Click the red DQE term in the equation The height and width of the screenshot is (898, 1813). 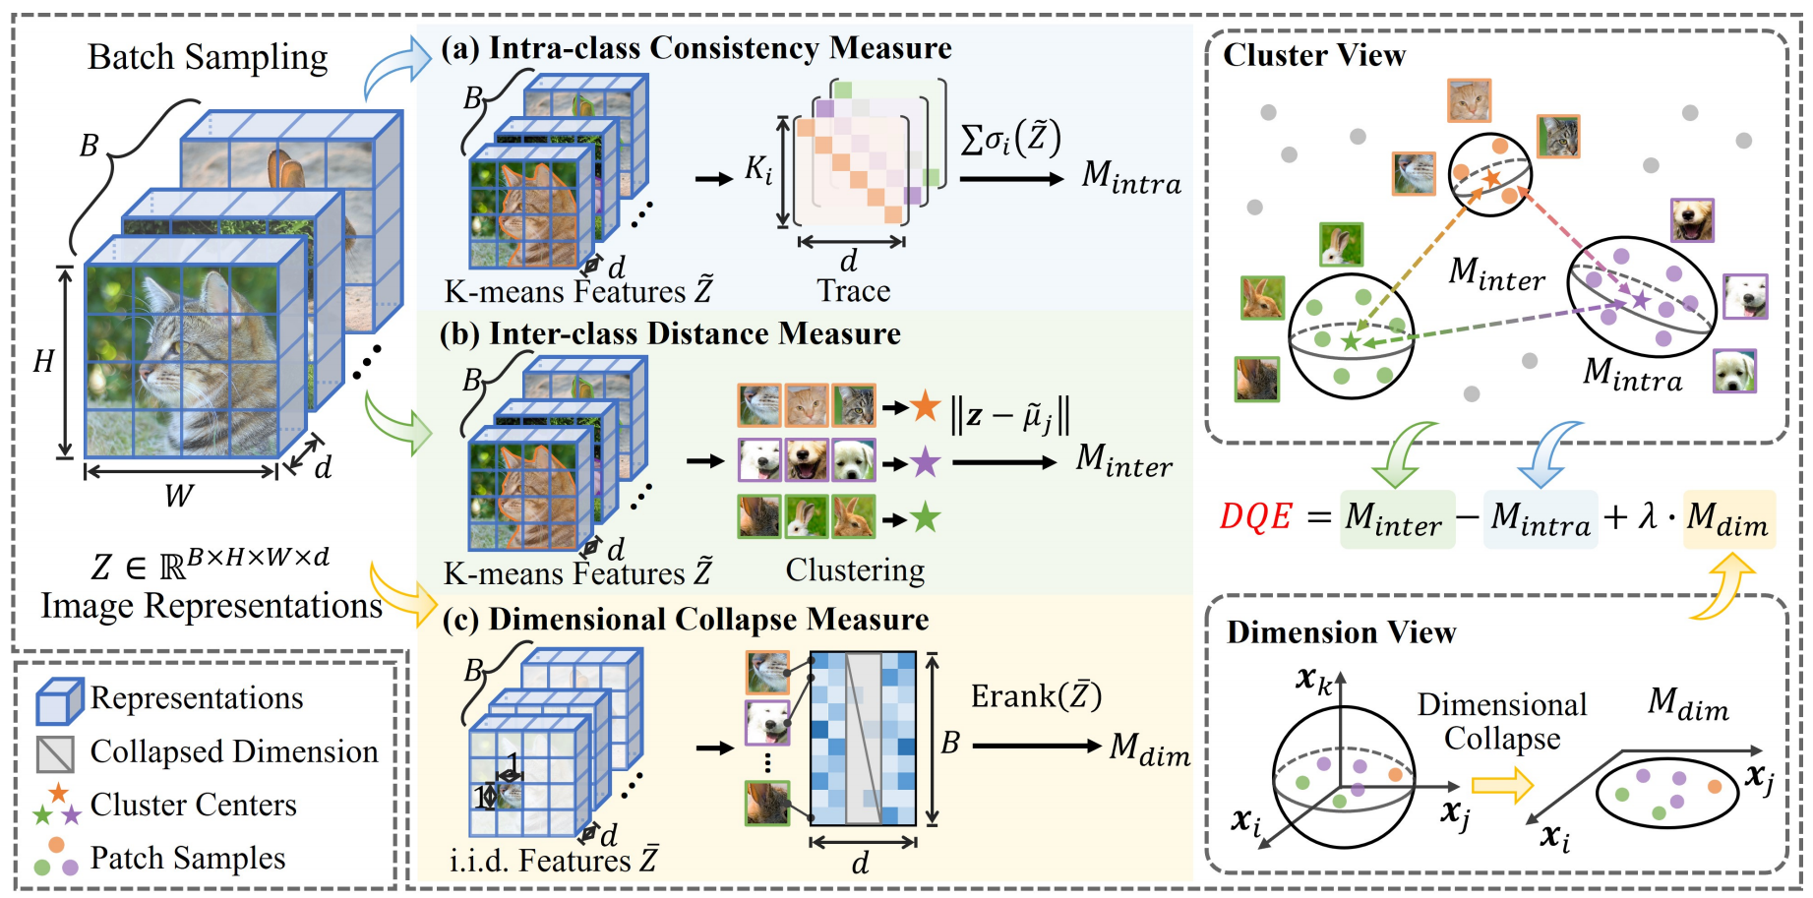[x=1255, y=516]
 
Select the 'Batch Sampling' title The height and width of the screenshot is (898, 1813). [x=208, y=57]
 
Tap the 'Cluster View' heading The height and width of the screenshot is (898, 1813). [x=1314, y=55]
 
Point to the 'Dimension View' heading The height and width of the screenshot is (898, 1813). [x=1341, y=632]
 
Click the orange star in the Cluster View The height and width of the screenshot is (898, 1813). [x=1492, y=178]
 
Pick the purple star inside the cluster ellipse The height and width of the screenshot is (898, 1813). [x=1640, y=299]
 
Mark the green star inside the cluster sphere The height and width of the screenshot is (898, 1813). [x=1351, y=341]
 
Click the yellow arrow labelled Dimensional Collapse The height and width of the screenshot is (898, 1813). [x=1502, y=785]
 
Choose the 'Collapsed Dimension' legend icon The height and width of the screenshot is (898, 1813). [x=55, y=753]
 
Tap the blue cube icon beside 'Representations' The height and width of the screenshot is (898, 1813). [x=58, y=700]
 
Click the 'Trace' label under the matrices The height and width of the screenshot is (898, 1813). [x=853, y=291]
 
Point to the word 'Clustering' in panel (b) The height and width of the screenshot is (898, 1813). [x=855, y=570]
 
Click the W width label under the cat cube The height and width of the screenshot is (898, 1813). [x=178, y=496]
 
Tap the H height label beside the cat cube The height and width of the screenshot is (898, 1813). [x=43, y=362]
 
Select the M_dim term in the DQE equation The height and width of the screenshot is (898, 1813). [x=1727, y=519]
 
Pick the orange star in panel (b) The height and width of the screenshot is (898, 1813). [x=925, y=406]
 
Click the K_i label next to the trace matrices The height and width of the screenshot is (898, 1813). [x=757, y=170]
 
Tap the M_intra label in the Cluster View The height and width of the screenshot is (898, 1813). [x=1632, y=375]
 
